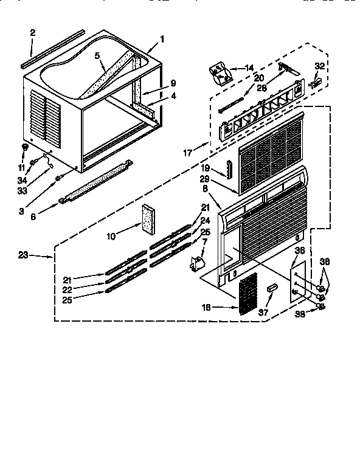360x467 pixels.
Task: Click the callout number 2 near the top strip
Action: pyautogui.click(x=33, y=32)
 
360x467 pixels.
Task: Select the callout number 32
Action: pyautogui.click(x=320, y=65)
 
